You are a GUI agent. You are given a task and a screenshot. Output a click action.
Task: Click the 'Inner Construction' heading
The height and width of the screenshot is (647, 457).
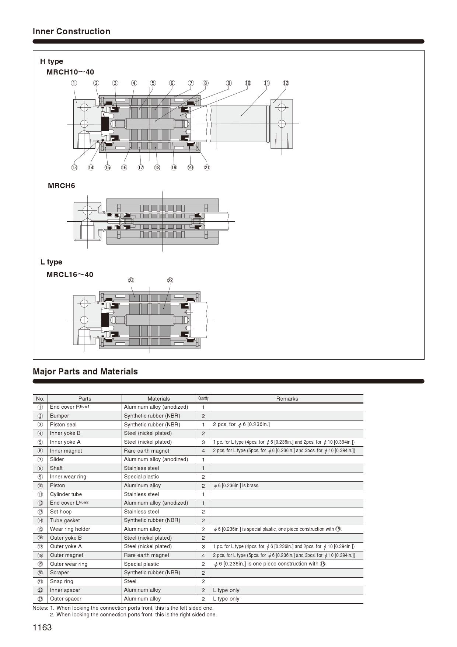pos(71,31)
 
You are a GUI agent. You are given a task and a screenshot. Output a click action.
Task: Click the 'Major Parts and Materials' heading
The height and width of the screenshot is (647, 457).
pos(85,371)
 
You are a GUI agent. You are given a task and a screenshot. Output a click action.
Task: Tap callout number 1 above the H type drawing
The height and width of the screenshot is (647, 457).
pos(74,83)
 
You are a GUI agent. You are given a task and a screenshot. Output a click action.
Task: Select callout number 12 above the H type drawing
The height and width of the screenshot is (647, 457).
pos(286,83)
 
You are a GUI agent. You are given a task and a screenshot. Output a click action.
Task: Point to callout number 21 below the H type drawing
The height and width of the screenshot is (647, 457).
pos(207,167)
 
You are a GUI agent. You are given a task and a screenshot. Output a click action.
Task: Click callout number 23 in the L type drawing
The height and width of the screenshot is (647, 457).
pos(131,280)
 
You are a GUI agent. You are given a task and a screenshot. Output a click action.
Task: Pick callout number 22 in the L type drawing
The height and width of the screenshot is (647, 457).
pos(170,280)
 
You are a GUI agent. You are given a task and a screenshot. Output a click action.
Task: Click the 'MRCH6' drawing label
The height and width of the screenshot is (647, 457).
pos(62,186)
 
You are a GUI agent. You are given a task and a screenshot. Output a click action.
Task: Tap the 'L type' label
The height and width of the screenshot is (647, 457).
pos(52,262)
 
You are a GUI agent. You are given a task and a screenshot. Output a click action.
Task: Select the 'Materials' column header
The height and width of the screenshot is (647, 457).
pos(159,399)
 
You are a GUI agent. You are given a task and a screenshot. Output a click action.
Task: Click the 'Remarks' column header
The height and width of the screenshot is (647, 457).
pos(287,399)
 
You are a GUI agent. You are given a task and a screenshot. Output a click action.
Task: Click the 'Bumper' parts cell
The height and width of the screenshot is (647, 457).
pos(60,416)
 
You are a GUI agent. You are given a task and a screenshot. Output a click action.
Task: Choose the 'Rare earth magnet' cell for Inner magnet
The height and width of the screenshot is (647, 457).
pos(147,451)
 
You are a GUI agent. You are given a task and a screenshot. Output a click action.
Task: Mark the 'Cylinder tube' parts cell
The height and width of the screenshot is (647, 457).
pos(66,494)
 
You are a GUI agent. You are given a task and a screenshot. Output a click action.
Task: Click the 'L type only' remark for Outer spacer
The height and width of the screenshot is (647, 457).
pos(226,599)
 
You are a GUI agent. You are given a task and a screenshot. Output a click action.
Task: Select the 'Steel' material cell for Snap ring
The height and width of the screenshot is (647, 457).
pos(130,581)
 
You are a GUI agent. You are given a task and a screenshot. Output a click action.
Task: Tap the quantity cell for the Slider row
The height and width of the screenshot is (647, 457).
pos(203,460)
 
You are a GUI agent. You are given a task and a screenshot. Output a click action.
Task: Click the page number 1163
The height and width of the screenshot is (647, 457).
pos(42,627)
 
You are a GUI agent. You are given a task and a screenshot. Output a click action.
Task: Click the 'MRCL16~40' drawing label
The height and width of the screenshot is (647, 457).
pos(70,274)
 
